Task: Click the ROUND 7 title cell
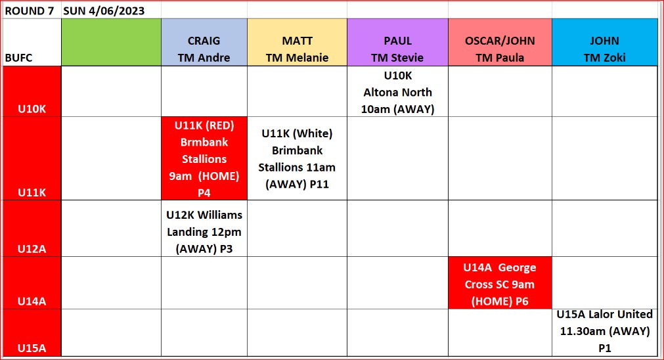coord(30,11)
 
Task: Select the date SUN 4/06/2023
coord(104,11)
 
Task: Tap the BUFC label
coord(18,58)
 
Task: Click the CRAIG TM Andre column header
coord(204,42)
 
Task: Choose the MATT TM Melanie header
coord(298,42)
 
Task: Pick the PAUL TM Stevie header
coord(397,42)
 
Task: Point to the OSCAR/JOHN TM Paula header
coord(500,42)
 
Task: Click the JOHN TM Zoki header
coord(605,42)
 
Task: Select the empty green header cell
coord(112,42)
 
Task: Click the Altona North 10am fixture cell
coord(397,91)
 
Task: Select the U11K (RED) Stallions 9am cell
coord(204,158)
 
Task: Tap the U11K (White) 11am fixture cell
coord(298,158)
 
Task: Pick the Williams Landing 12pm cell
coord(204,228)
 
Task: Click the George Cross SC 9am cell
coord(500,283)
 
